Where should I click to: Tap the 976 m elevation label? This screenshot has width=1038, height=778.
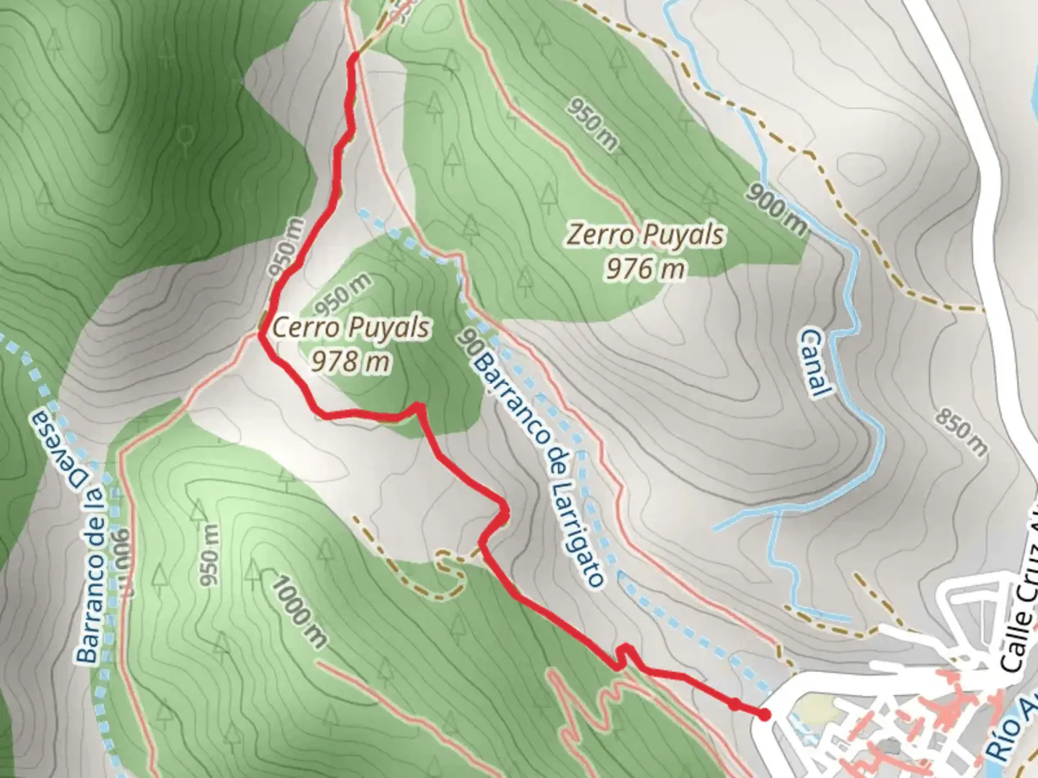[x=644, y=269]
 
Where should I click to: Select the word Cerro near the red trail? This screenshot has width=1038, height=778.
[x=306, y=328]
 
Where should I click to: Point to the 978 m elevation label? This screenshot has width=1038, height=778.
[x=351, y=360]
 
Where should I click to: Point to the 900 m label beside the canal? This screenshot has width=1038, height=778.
[x=776, y=209]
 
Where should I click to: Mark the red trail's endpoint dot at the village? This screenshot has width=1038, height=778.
[x=763, y=715]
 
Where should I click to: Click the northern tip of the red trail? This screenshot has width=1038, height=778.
[x=354, y=56]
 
